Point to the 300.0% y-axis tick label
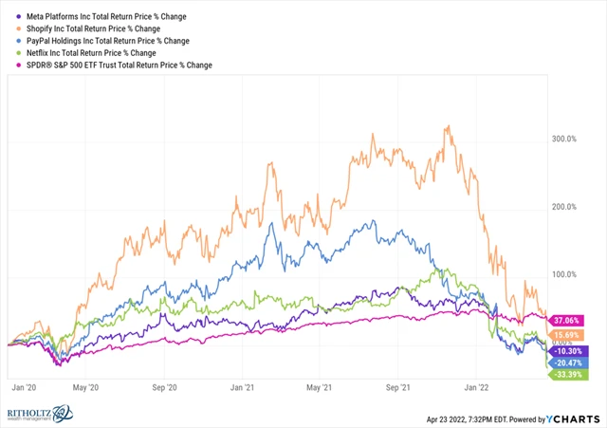[565, 140]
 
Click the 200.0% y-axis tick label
[565, 207]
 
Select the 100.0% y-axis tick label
[565, 275]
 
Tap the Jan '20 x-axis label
[23, 387]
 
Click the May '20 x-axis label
[87, 387]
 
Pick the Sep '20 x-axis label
[166, 387]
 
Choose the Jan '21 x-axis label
[245, 387]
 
